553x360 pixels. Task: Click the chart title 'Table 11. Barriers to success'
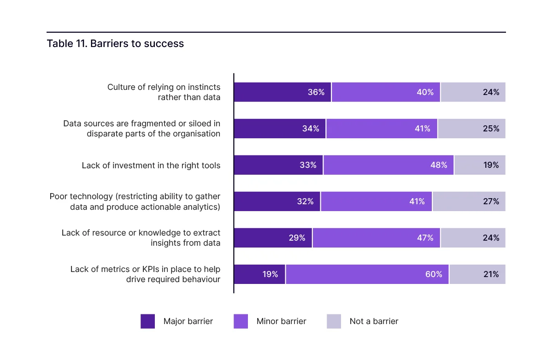tap(115, 44)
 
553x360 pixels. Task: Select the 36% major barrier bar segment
tap(282, 92)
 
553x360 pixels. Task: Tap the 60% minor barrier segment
tap(367, 274)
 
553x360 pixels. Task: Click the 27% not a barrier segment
tap(469, 201)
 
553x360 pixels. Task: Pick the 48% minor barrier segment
tap(388, 165)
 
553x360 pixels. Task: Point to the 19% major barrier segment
tap(259, 274)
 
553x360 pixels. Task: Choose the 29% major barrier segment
tap(273, 238)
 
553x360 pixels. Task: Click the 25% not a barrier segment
tap(471, 129)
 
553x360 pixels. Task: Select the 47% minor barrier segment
tap(376, 238)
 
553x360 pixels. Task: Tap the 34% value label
tap(311, 129)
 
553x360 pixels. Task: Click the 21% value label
tap(491, 274)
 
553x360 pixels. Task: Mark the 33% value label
tap(308, 165)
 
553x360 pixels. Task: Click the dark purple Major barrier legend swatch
tap(148, 321)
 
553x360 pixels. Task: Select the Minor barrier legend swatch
tap(241, 321)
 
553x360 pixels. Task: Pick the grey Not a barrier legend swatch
tap(334, 321)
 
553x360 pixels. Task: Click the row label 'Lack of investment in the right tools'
tap(151, 165)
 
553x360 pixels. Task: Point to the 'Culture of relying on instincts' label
tap(164, 87)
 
